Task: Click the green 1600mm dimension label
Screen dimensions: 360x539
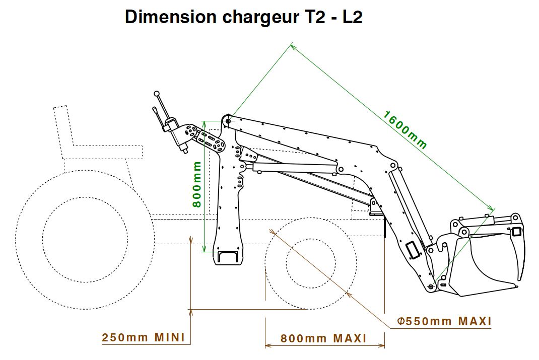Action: click(405, 129)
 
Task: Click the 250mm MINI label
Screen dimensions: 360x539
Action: click(144, 337)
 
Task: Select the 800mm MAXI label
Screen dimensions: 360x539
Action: click(323, 338)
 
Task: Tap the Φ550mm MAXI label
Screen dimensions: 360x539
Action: click(444, 321)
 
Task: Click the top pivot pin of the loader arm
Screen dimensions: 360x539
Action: click(229, 121)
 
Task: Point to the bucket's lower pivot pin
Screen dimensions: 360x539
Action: click(431, 286)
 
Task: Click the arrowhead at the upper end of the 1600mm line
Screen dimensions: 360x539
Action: click(292, 46)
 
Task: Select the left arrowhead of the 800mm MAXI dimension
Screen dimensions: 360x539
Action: click(266, 345)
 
